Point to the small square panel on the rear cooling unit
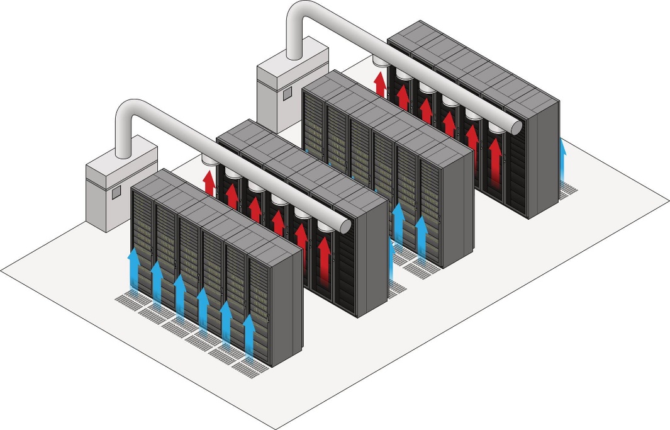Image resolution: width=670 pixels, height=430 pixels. [x=288, y=93]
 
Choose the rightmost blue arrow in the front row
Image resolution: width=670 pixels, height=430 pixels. [x=249, y=337]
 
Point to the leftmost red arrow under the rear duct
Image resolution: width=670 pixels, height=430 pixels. [x=379, y=83]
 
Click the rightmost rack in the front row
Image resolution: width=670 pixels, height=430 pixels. [x=272, y=302]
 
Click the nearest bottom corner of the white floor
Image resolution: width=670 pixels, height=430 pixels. [x=276, y=428]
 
